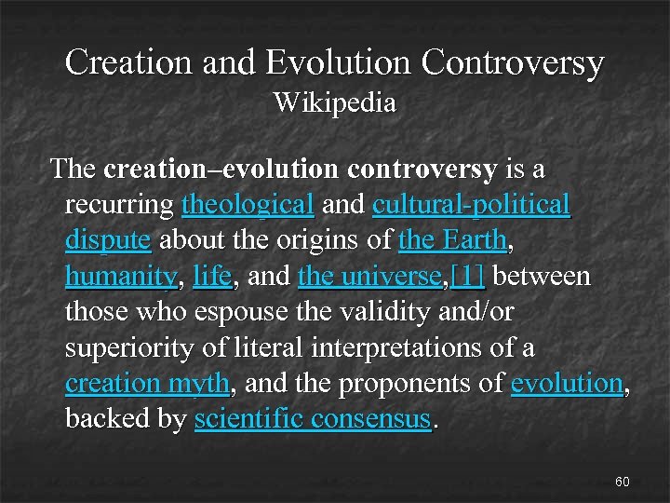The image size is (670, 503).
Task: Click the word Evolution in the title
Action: (338, 62)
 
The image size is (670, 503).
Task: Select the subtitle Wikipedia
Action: (334, 102)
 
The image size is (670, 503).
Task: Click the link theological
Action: (248, 204)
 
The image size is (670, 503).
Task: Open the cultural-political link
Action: (471, 204)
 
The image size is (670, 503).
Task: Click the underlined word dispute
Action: (108, 239)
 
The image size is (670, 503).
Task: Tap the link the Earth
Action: (452, 239)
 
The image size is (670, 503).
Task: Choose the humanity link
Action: (121, 276)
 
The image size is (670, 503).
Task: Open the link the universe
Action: (369, 276)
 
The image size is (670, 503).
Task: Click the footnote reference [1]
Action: (467, 276)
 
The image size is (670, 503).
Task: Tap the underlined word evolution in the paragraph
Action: (567, 383)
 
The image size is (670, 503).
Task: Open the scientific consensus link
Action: (314, 418)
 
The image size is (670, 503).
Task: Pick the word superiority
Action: (124, 347)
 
